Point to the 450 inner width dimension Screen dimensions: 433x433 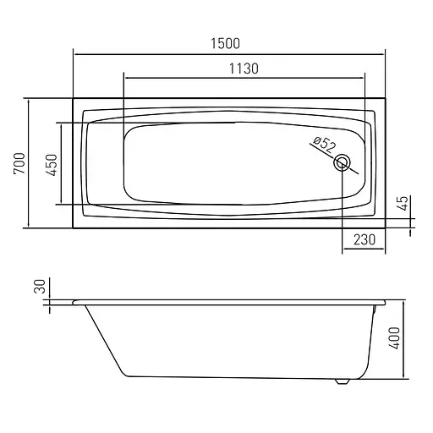pos(51,163)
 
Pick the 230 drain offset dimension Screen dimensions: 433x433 pos(364,239)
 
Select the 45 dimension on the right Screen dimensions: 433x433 pos(403,203)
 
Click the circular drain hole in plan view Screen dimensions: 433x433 pos(343,163)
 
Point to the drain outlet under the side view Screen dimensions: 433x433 pos(341,381)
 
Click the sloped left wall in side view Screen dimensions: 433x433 pos(103,338)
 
